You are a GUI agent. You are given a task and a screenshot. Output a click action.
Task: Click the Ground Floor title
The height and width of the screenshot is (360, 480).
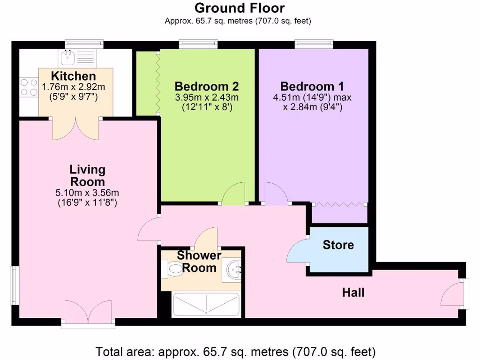[240, 8]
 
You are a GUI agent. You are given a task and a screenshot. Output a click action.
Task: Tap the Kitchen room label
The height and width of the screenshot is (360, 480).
[74, 76]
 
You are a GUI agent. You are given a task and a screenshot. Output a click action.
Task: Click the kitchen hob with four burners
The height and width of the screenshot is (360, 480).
[29, 87]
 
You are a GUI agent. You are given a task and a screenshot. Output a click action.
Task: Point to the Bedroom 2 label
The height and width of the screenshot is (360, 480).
[206, 87]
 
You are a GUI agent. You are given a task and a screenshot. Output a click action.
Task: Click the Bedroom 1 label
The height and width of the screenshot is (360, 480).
[312, 87]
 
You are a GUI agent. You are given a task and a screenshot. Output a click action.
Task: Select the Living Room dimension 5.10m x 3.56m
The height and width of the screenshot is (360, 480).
[87, 192]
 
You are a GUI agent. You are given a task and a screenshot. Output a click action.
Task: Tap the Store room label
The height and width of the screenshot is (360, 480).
[338, 245]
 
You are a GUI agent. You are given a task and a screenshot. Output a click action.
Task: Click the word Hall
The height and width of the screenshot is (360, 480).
[353, 293]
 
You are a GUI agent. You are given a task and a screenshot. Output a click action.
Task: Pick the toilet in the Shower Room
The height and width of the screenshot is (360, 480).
[174, 268]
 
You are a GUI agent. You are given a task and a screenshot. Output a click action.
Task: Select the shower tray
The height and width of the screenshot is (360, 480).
[206, 305]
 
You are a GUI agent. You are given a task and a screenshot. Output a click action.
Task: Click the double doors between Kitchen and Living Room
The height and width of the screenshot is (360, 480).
[75, 128]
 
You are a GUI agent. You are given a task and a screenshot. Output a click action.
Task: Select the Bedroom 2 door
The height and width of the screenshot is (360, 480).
[233, 194]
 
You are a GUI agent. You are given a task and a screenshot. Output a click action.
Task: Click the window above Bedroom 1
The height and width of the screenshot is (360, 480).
[314, 44]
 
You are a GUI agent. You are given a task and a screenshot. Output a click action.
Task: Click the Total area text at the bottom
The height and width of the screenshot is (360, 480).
[236, 351]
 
